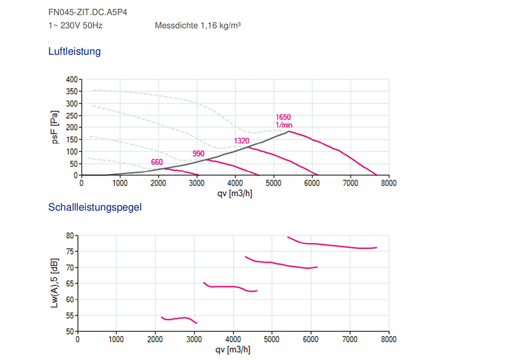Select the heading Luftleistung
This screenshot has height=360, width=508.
75,51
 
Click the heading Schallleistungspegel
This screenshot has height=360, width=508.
94,207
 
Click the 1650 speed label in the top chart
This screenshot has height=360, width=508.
283,117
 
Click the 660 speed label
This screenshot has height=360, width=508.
157,162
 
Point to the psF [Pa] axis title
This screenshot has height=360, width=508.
56,127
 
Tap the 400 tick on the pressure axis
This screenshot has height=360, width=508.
71,80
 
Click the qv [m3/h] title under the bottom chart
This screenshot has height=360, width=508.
233,349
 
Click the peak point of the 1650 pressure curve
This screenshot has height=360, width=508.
289,131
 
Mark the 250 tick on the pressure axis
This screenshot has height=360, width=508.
71,115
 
